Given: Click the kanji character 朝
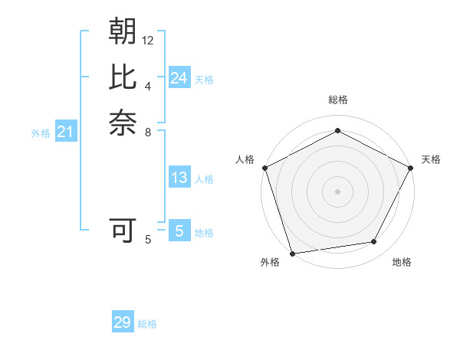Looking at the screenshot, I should tap(123, 31).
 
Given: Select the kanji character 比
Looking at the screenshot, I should tap(123, 77).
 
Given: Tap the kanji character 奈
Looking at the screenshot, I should tap(123, 123).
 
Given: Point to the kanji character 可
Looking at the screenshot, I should tap(123, 230).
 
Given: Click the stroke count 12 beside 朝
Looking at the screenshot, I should tap(148, 40).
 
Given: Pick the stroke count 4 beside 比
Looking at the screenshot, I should tap(148, 86).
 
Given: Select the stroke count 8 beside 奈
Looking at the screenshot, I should tap(148, 132).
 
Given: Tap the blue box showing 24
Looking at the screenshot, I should tap(179, 78).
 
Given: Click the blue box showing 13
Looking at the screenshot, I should tap(179, 178).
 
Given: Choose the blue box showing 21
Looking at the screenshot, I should tap(66, 133).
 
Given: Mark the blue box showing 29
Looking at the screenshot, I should tap(123, 322).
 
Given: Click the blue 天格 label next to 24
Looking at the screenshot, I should tap(204, 80).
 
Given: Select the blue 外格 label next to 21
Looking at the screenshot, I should tap(41, 133).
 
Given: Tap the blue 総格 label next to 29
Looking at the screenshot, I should tap(148, 324).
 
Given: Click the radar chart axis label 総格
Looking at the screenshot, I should tap(337, 100).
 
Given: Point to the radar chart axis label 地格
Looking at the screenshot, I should tap(402, 262).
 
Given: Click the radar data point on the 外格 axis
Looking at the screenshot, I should tap(292, 253).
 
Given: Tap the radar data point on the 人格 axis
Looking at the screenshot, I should tap(264, 167).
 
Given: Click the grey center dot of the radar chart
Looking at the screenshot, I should tap(337, 191).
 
